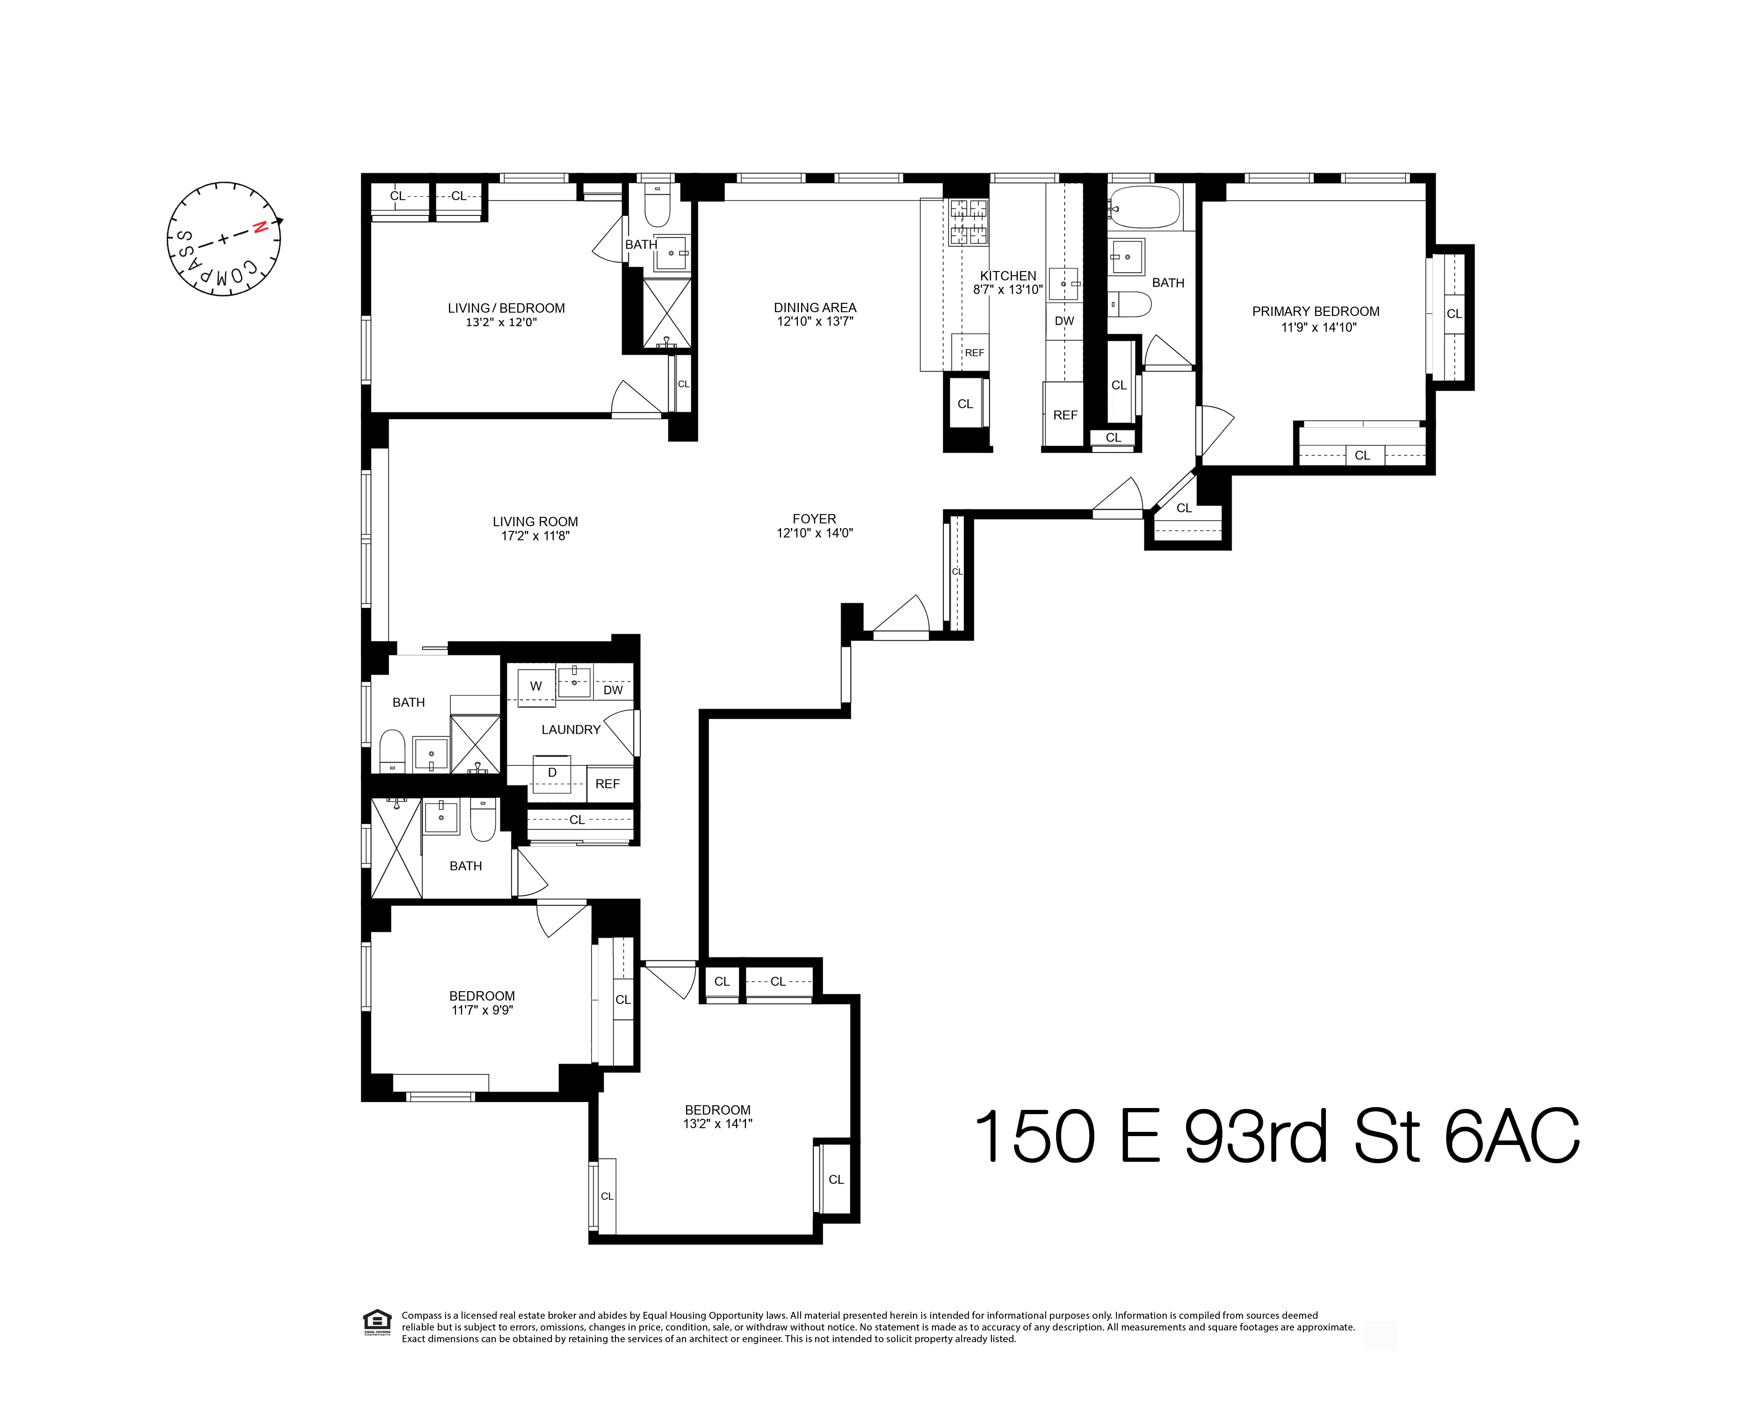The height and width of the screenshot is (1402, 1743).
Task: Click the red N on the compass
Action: tap(260, 228)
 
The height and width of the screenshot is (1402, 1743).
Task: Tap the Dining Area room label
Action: tap(814, 307)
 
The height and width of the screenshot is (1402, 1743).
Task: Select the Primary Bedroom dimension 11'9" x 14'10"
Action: tap(1318, 327)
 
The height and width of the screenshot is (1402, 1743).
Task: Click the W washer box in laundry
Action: tap(535, 686)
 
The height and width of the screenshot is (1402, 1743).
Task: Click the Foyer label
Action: tap(814, 519)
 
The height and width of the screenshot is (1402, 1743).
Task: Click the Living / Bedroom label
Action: tap(506, 308)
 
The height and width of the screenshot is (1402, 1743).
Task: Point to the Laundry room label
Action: tap(571, 730)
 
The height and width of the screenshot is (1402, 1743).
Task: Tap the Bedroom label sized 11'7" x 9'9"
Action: tap(482, 995)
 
